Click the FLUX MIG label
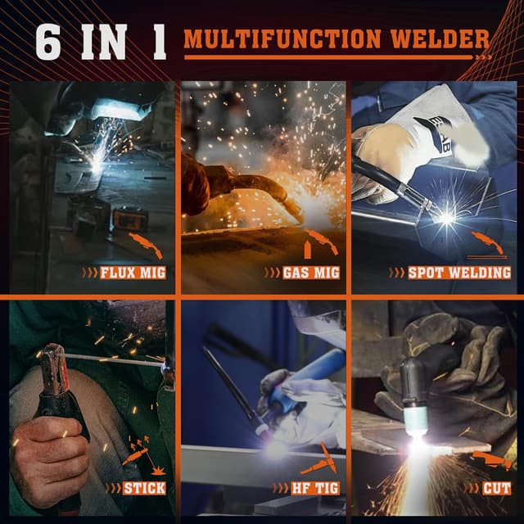coord(132,271)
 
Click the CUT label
coord(495,489)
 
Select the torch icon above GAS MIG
coord(318,244)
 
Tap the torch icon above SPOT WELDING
coord(489,244)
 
